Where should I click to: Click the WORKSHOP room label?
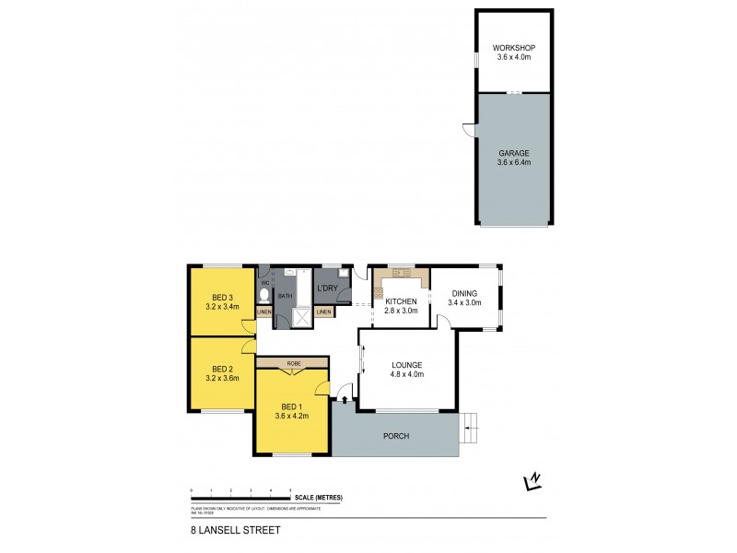tap(513, 46)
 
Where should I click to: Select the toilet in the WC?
tap(264, 295)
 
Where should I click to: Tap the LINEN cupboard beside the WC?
tap(264, 312)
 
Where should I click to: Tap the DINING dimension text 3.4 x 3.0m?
tap(465, 302)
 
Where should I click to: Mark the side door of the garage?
tap(470, 131)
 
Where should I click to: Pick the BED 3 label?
tap(221, 297)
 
